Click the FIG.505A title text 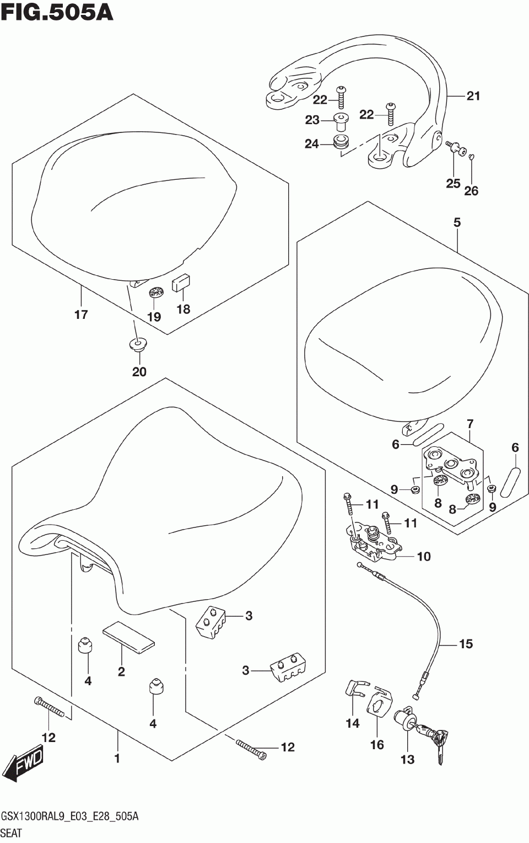tap(57, 13)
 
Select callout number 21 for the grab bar tap(473, 96)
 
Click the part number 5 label tap(457, 222)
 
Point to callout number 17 tap(81, 314)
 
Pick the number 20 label tap(139, 371)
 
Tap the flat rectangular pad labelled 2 tap(128, 635)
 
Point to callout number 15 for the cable tap(466, 643)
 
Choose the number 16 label tap(377, 745)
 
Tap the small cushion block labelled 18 tap(182, 283)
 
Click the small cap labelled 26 tap(472, 157)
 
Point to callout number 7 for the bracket tap(469, 424)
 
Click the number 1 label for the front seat tap(117, 759)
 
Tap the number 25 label tap(453, 183)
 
